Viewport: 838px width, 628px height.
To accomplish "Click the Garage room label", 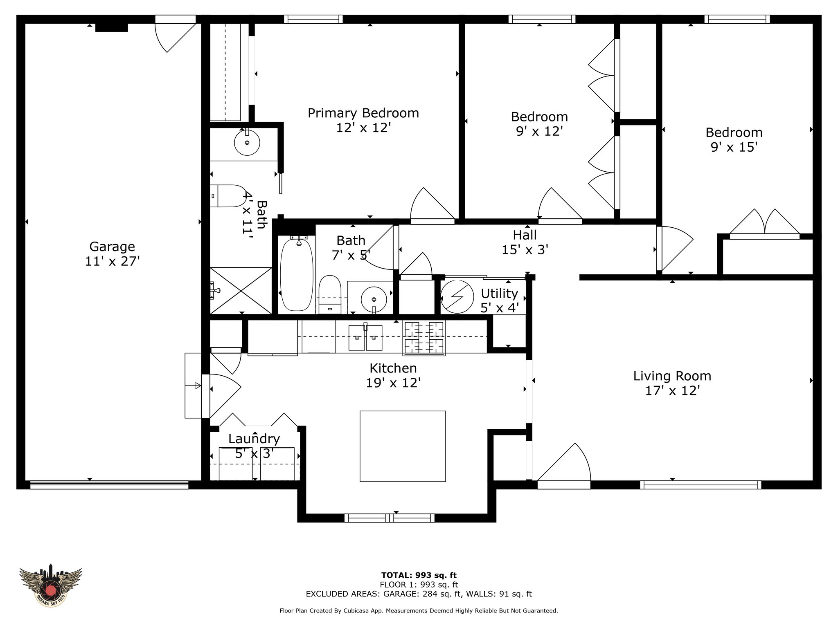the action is coord(112,247).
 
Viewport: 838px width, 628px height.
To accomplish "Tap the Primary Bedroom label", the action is coord(363,113).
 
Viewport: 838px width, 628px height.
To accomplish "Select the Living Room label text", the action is coord(672,376).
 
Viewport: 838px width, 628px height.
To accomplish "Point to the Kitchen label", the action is coord(393,368).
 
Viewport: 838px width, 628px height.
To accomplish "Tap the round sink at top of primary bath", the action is coord(247,142).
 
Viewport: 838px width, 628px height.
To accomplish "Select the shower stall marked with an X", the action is coord(241,290).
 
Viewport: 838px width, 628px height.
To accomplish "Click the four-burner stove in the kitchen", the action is coord(424,338).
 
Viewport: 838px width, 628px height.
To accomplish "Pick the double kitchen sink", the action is coord(365,337).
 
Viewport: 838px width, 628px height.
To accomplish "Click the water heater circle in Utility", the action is coord(457,296).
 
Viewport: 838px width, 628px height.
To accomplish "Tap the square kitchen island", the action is coord(403,446).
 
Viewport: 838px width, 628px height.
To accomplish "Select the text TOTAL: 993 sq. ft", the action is coord(419,575).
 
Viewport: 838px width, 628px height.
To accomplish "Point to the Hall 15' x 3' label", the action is coord(525,242).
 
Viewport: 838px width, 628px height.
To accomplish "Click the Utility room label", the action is coord(499,293).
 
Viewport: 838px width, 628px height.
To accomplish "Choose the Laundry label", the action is coord(254,439).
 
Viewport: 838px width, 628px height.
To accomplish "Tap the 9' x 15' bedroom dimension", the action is coord(734,147).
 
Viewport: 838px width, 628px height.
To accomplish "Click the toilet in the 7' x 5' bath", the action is coord(330,294).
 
